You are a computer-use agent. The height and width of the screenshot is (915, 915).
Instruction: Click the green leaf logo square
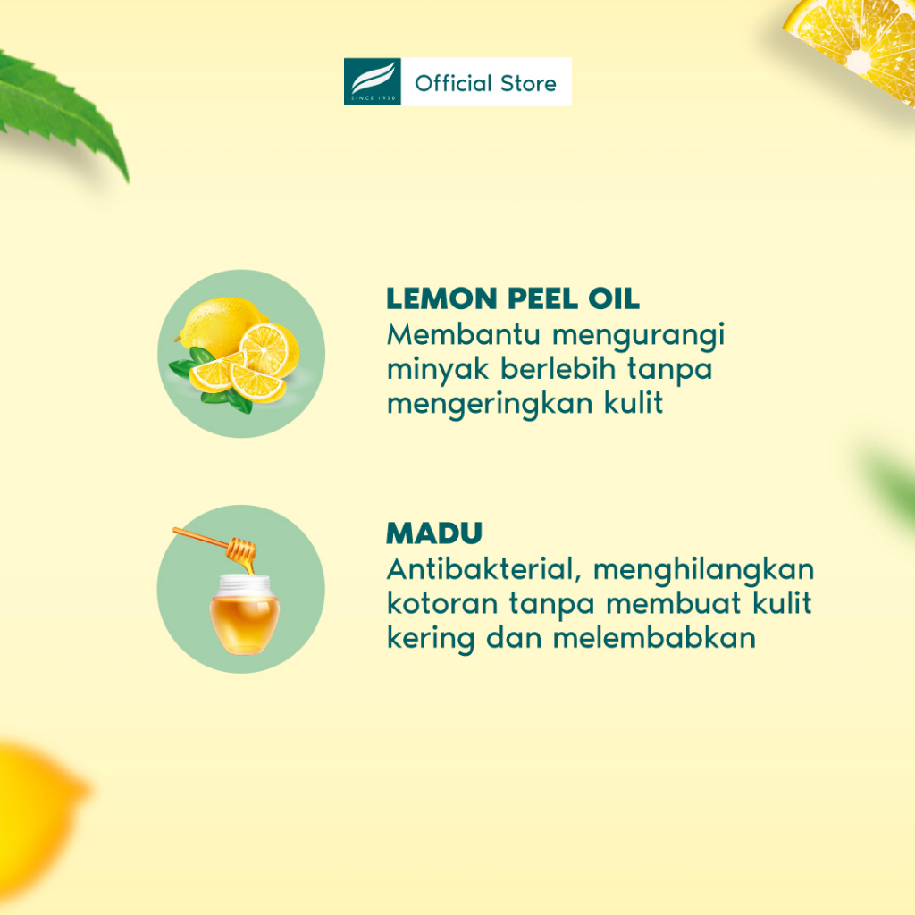(372, 81)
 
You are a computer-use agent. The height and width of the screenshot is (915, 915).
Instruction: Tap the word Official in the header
(453, 83)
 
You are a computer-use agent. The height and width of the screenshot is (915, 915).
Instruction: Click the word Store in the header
(528, 83)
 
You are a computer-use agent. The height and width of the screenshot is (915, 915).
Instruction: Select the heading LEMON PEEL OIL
(512, 298)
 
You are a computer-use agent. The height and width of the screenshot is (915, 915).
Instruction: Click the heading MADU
(434, 533)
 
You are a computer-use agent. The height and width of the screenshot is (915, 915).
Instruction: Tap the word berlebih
(558, 369)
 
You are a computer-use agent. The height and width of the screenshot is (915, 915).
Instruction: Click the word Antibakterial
(483, 569)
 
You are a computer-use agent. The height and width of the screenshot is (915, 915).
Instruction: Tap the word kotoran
(442, 604)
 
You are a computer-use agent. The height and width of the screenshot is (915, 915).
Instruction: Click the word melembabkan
(654, 637)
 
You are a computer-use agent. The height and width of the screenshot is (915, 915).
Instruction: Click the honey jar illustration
(244, 614)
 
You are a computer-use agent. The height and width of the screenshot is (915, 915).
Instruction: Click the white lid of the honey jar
(245, 584)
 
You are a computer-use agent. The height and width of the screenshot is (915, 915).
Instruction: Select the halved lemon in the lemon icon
(268, 350)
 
